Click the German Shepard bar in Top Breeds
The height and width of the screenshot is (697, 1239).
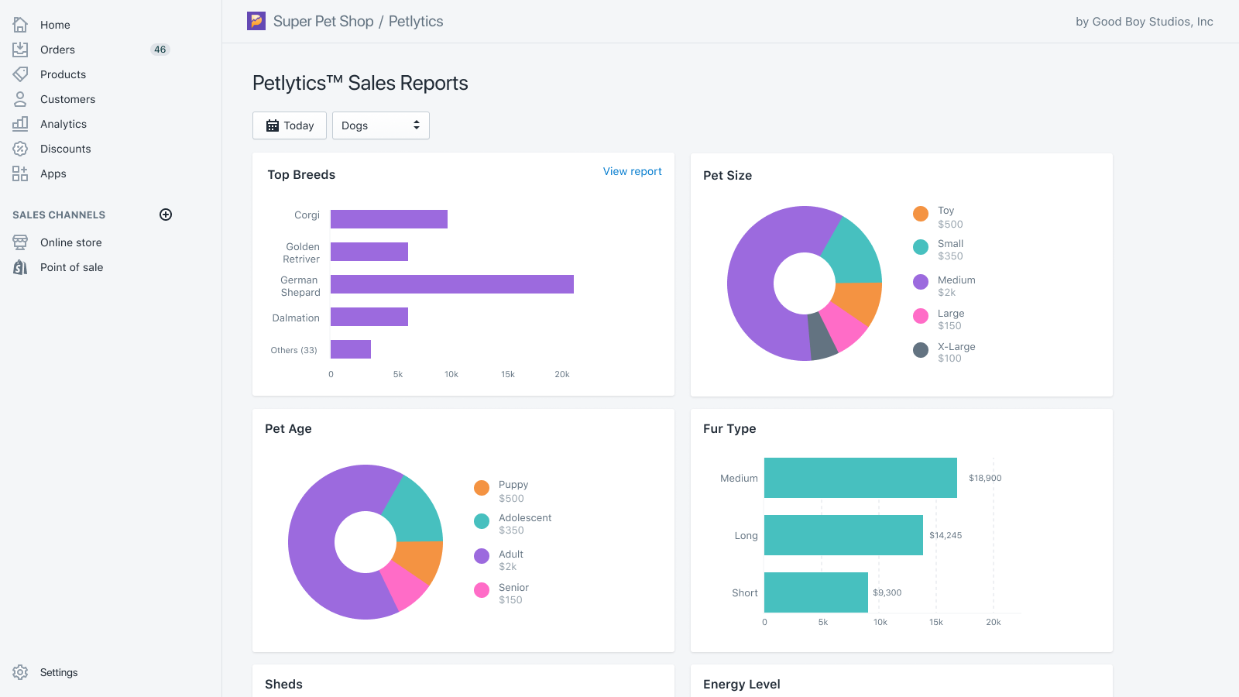[451, 284]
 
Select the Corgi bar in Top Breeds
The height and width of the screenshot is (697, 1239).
[389, 219]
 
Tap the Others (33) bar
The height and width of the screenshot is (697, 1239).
[350, 349]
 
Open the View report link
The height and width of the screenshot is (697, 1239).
[632, 171]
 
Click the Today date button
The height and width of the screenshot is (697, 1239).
[290, 125]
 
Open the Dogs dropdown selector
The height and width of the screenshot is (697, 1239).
[380, 125]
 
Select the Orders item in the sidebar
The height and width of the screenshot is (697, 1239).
[57, 50]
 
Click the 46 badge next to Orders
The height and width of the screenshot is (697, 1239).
[160, 50]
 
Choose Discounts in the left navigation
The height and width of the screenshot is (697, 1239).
[65, 149]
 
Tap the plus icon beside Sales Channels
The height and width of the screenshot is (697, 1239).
[166, 215]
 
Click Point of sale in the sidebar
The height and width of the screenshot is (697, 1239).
[71, 267]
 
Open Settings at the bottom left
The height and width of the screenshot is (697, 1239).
[59, 672]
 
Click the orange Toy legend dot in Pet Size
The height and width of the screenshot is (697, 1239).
[921, 214]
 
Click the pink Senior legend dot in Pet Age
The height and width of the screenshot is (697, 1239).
[482, 590]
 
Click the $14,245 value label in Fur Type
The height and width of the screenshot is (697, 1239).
[946, 535]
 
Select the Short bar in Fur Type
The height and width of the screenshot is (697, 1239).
[815, 592]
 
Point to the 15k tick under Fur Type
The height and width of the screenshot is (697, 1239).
[936, 623]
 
